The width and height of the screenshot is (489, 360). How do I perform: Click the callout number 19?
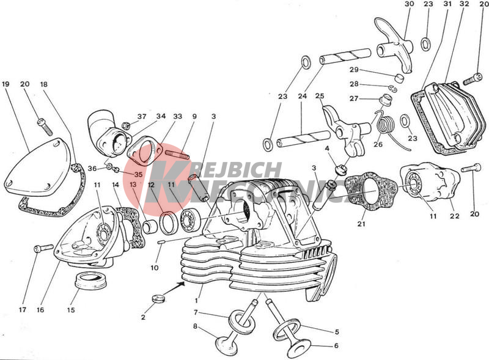click(6, 84)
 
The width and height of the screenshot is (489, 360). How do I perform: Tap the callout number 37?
click(142, 116)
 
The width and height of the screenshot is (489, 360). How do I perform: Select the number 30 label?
click(410, 4)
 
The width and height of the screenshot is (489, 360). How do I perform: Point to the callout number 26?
click(378, 144)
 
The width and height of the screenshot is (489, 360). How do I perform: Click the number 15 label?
click(71, 310)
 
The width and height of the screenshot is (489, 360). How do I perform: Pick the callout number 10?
click(155, 268)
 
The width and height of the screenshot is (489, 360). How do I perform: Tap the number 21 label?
click(361, 224)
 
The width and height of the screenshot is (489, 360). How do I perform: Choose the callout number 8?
click(195, 326)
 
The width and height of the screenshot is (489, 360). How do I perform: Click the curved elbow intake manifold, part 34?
click(108, 133)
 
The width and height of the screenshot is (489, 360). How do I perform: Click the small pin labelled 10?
click(161, 242)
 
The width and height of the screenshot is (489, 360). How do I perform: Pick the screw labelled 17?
click(43, 248)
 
